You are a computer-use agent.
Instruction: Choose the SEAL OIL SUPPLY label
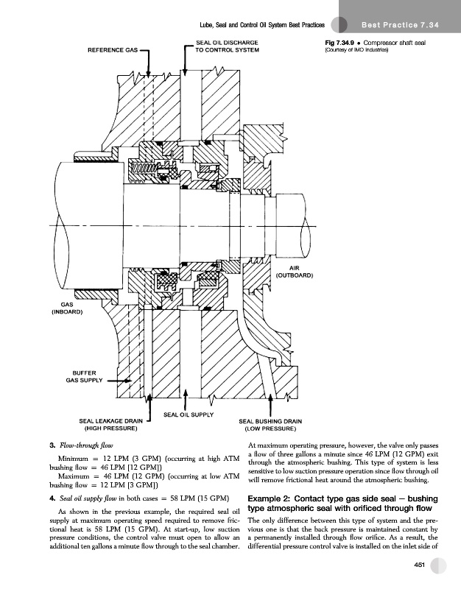[x=188, y=415]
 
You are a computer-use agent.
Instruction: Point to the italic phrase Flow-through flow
[x=80, y=444]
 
